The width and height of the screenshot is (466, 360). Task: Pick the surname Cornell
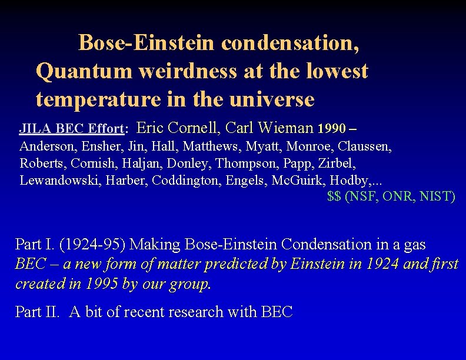tap(197, 127)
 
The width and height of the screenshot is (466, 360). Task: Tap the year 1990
tap(332, 128)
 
